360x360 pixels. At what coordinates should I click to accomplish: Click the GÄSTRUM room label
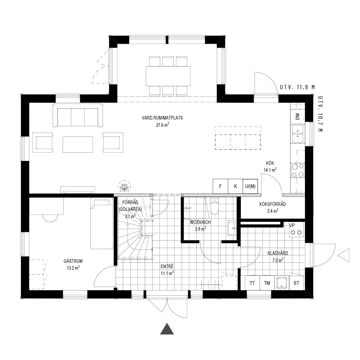pyautogui.click(x=73, y=261)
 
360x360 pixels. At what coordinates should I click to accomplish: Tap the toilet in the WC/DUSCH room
pyautogui.click(x=215, y=206)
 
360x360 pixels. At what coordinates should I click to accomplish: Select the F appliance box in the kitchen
pyautogui.click(x=220, y=186)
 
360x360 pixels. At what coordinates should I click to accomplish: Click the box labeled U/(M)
pyautogui.click(x=250, y=186)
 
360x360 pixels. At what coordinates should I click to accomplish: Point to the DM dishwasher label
pyautogui.click(x=298, y=117)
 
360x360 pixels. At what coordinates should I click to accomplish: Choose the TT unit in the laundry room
pyautogui.click(x=252, y=283)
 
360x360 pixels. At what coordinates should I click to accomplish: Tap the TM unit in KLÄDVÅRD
pyautogui.click(x=267, y=283)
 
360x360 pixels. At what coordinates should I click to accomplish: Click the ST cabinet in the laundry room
pyautogui.click(x=296, y=283)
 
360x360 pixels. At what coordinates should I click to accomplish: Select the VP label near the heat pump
pyautogui.click(x=292, y=225)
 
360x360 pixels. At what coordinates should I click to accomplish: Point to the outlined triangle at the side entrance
pyautogui.click(x=344, y=255)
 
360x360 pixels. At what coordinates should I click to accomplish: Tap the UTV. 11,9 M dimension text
pyautogui.click(x=297, y=87)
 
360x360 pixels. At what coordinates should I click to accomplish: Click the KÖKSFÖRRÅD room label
pyautogui.click(x=273, y=204)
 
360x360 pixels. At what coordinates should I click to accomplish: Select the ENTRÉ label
pyautogui.click(x=167, y=266)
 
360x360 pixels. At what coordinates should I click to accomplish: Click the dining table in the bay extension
pyautogui.click(x=168, y=76)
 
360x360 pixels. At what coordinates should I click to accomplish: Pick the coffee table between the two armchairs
pyautogui.click(x=78, y=144)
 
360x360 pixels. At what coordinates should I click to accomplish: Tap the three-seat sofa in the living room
pyautogui.click(x=78, y=115)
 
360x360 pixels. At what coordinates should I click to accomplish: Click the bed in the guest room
pyautogui.click(x=102, y=223)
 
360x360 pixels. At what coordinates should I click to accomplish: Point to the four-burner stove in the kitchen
pyautogui.click(x=298, y=170)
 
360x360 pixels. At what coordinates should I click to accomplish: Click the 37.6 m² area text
pyautogui.click(x=163, y=125)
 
